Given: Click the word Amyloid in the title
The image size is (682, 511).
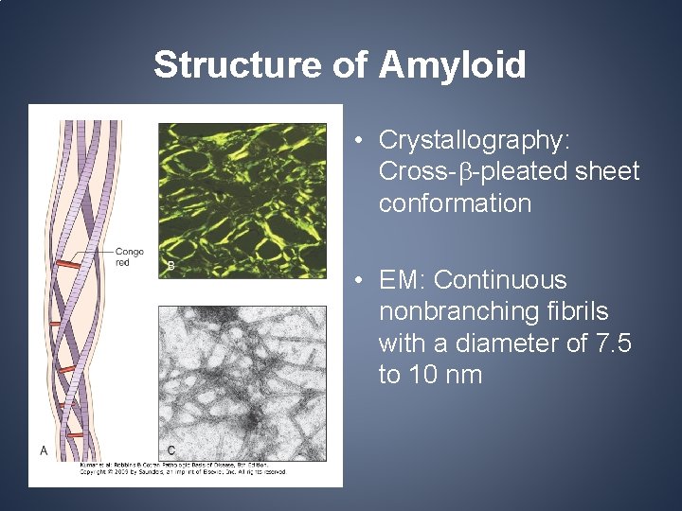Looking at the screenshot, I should coord(453,65).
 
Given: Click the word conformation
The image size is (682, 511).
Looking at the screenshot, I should coord(455,203).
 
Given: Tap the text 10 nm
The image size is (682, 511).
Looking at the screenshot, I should coord(430,375).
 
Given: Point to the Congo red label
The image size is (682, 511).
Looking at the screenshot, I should coord(129,256).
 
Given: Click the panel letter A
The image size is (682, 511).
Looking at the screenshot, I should coord(44,451).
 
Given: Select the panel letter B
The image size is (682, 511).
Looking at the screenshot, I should coord(170,266).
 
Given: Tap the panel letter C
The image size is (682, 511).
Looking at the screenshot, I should coord(170,449).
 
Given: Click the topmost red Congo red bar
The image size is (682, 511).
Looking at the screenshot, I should coord(67,264).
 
